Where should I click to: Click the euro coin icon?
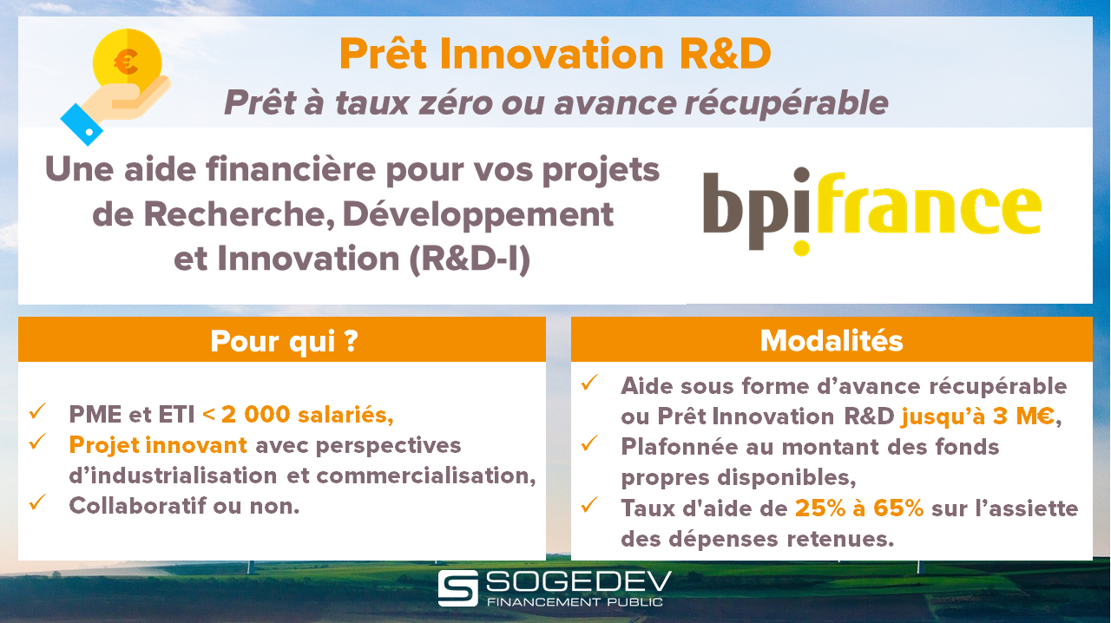[x=127, y=63]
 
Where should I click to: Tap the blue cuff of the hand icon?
[x=82, y=124]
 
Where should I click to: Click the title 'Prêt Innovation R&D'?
[x=555, y=54]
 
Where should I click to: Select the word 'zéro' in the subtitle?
[x=456, y=103]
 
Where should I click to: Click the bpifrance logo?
[x=872, y=212]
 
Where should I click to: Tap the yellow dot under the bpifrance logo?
[x=801, y=248]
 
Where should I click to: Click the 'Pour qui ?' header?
[x=284, y=341]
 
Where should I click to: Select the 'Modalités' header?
[x=832, y=341]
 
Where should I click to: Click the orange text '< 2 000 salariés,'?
[x=298, y=415]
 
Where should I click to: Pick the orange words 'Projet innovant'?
[x=158, y=445]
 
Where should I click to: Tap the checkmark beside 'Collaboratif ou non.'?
[x=37, y=502]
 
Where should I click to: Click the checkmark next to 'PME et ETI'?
[x=37, y=410]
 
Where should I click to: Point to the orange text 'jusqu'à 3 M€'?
[x=977, y=416]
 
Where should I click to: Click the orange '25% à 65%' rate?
[x=859, y=508]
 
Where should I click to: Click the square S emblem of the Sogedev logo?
[x=457, y=588]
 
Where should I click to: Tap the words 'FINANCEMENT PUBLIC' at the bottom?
[x=575, y=602]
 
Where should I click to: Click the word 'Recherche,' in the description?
[x=240, y=214]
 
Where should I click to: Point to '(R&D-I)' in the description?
[x=470, y=259]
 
